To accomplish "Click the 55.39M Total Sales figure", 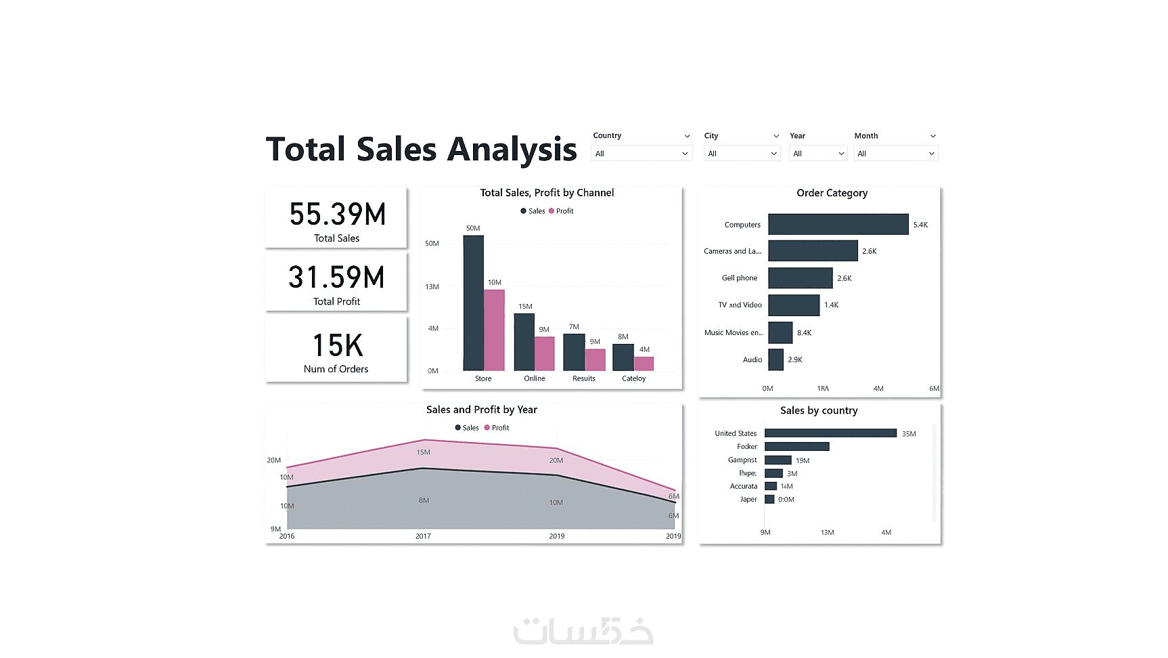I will coord(337,215).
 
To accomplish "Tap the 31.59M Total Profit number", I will coord(336,278).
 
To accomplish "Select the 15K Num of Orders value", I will coord(337,346).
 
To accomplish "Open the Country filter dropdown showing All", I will coord(641,154).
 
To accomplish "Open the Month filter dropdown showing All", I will coord(895,154).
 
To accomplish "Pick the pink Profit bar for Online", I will coord(544,353).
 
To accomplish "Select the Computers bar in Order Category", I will coord(838,225).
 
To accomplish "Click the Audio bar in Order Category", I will coord(776,359).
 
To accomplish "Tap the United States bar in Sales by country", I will coord(830,433).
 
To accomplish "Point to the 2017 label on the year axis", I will coord(423,536).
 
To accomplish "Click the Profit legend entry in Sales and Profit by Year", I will coord(497,428).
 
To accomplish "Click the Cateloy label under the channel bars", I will coord(633,378).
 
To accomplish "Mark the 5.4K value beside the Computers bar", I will coord(920,225).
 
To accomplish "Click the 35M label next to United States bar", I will coord(909,434).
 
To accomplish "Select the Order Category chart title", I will coord(832,193).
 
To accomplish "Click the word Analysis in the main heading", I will coord(512,150).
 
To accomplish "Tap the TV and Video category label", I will coord(740,305).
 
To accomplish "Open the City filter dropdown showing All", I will coord(742,154).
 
